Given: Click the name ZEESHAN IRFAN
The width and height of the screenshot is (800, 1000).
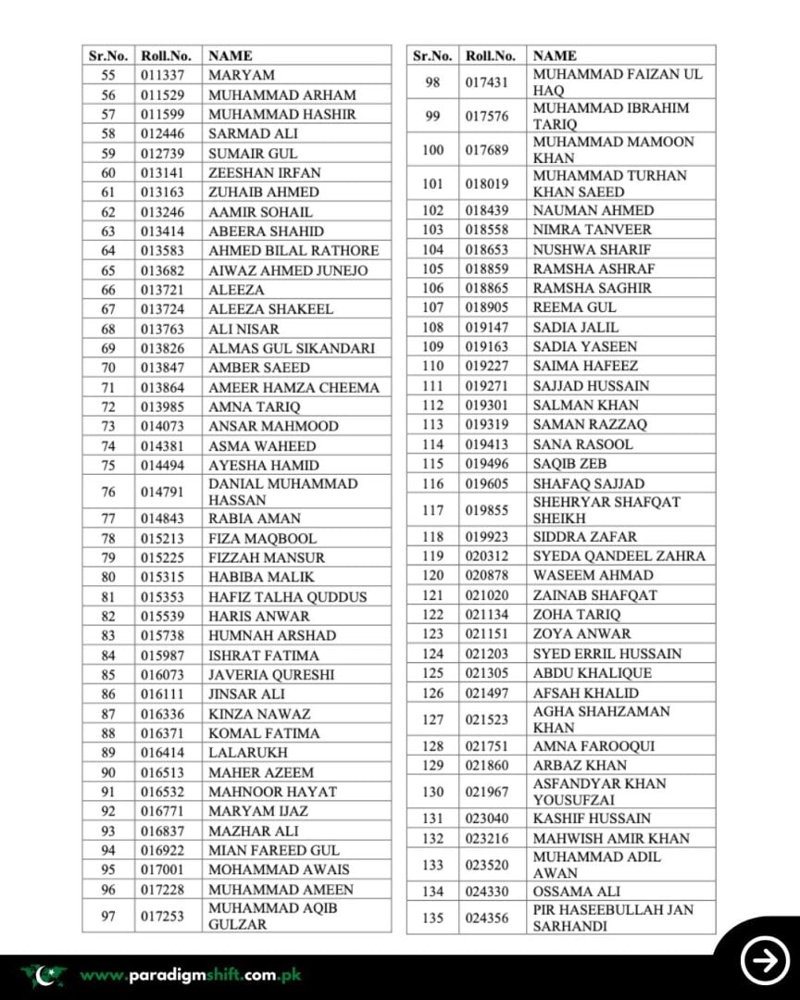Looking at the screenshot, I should click(265, 173).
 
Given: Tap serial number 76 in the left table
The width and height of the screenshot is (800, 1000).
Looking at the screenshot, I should click(108, 492).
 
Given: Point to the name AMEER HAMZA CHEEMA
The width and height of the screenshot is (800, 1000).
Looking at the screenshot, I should click(294, 388).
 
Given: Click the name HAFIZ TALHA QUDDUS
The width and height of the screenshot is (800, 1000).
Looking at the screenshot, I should click(287, 597).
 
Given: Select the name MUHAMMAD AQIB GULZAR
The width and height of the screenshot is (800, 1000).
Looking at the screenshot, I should click(273, 916).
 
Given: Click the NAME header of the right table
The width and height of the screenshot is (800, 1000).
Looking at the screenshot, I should click(555, 56).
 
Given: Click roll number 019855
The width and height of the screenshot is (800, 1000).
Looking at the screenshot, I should click(488, 510).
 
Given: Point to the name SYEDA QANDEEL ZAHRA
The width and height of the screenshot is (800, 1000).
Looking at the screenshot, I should click(619, 556).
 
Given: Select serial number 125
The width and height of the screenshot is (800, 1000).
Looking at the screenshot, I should click(432, 673).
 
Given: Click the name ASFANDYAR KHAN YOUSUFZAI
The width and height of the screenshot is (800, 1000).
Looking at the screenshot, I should click(599, 792).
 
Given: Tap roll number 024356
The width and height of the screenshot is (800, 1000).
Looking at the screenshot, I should click(488, 919).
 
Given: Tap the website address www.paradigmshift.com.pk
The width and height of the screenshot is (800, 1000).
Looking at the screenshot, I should click(190, 975).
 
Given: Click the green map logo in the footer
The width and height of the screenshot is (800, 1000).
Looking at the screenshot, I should click(44, 974).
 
